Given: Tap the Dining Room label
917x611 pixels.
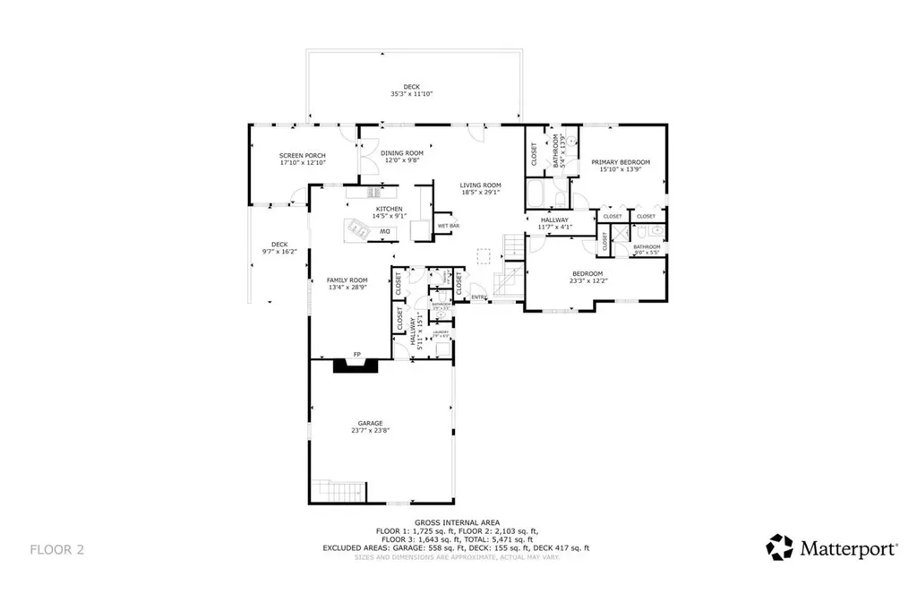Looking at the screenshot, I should point(401,157).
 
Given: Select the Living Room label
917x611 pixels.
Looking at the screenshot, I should point(480,188).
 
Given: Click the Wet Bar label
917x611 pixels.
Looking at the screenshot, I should point(448,226).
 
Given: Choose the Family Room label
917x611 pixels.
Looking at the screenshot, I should point(347,283).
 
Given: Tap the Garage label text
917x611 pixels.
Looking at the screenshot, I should point(370,426).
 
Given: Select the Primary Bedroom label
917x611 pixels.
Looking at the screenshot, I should point(621,166).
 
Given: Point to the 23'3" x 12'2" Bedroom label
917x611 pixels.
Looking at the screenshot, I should point(587,277).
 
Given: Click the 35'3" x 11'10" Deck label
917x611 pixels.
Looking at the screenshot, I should point(411,90).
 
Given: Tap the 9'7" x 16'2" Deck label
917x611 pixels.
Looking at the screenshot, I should point(279,248).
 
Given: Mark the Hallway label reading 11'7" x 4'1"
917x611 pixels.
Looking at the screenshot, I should point(554,223).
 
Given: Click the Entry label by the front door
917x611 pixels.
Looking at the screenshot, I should point(478,297).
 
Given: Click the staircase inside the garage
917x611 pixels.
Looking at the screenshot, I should point(340,490).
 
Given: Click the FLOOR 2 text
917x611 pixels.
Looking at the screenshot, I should point(57,548).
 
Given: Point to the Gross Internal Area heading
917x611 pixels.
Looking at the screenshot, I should point(457,521).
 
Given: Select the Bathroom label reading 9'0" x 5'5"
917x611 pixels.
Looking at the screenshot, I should point(647,248).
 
